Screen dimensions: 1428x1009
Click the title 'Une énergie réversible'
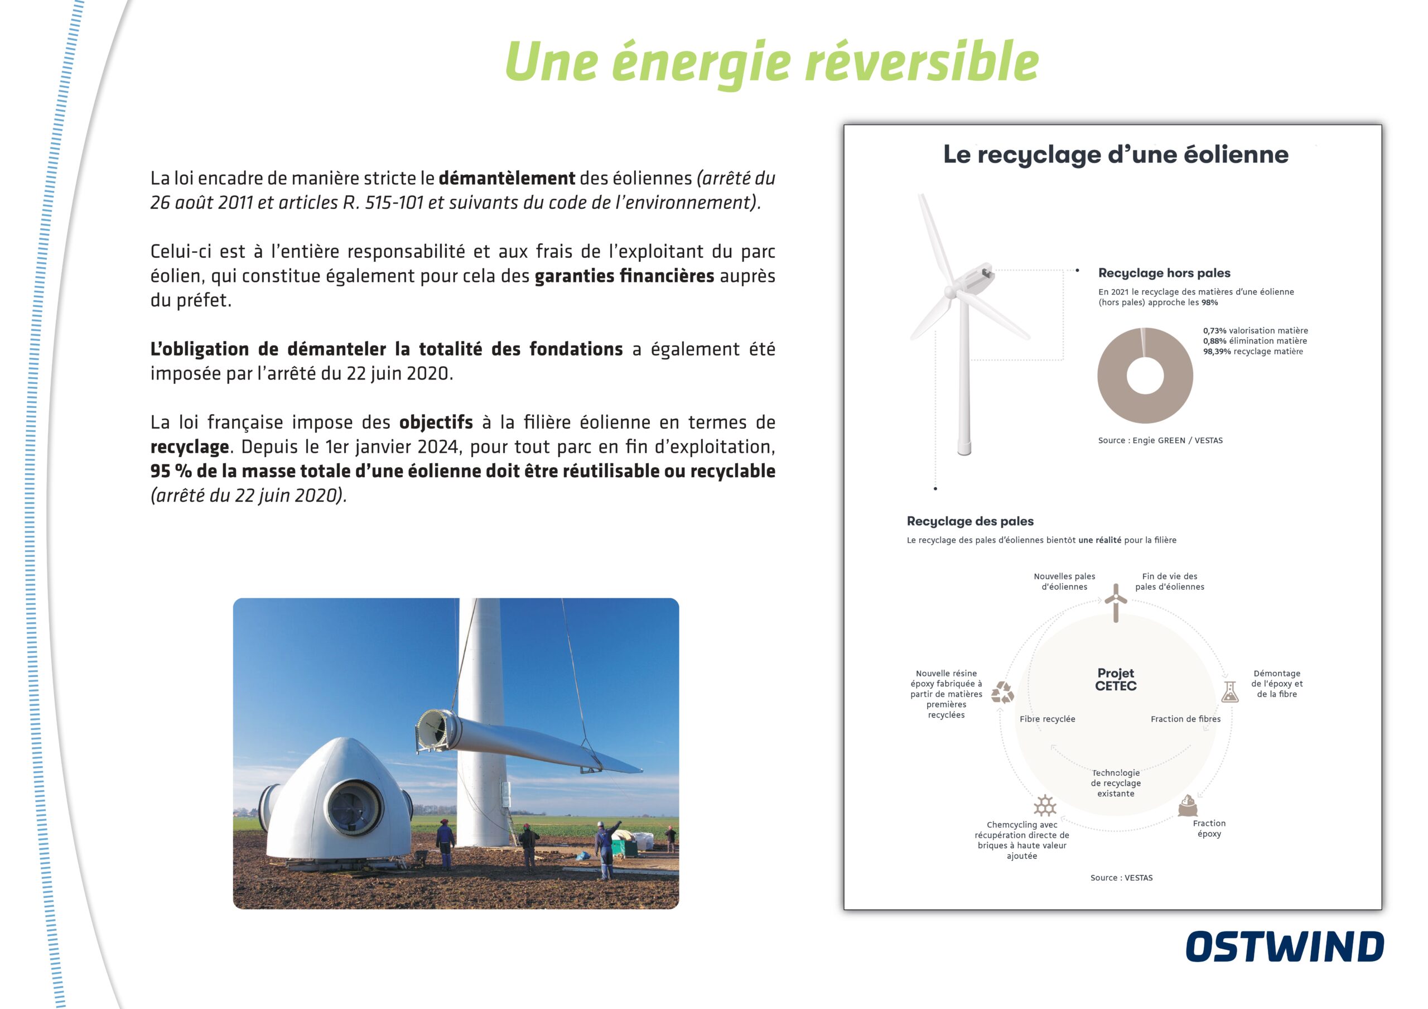click(772, 62)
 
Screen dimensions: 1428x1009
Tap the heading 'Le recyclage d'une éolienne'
click(1116, 154)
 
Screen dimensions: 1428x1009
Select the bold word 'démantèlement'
click(507, 178)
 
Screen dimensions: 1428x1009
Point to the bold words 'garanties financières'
click(624, 276)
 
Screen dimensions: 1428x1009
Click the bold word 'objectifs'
click(436, 422)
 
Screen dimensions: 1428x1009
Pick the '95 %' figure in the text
click(171, 471)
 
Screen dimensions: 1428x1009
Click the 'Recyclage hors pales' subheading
click(1164, 273)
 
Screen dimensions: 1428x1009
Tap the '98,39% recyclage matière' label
click(1253, 352)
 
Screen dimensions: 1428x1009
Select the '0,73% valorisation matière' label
click(1255, 330)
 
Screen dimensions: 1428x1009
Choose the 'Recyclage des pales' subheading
click(970, 521)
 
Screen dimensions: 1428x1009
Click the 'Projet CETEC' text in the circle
click(1116, 679)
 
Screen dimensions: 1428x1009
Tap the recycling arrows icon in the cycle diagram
click(1002, 693)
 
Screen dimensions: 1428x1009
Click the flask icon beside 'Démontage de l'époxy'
click(1229, 692)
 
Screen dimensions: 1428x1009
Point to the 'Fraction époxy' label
click(1209, 829)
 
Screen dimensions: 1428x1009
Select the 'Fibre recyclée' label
click(1048, 719)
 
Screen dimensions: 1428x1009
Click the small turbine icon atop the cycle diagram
click(1116, 603)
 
